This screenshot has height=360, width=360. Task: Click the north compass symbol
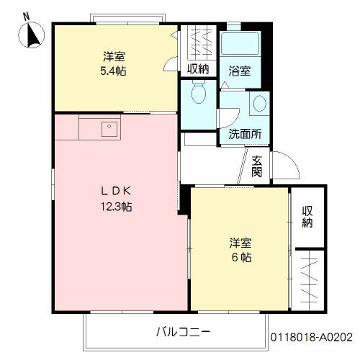pyautogui.click(x=32, y=35)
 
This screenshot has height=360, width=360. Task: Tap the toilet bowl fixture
pyautogui.click(x=199, y=91)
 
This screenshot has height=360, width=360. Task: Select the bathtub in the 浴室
pyautogui.click(x=240, y=44)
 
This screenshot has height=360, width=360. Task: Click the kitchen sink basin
pyautogui.click(x=109, y=129)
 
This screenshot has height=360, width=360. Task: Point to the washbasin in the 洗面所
pyautogui.click(x=260, y=104)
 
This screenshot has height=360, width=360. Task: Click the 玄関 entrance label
pyautogui.click(x=256, y=166)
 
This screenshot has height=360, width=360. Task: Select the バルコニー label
pyautogui.click(x=183, y=332)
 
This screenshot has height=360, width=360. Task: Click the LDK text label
pyautogui.click(x=116, y=191)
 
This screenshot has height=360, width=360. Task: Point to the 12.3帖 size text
pyautogui.click(x=116, y=207)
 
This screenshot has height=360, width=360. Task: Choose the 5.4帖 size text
pyautogui.click(x=113, y=71)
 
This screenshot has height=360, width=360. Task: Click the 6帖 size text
pyautogui.click(x=241, y=258)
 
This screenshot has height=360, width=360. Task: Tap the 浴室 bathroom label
pyautogui.click(x=240, y=71)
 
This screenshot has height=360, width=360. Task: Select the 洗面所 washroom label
pyautogui.click(x=245, y=134)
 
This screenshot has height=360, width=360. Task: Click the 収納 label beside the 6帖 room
pyautogui.click(x=307, y=217)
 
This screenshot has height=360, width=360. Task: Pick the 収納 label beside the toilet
pyautogui.click(x=198, y=69)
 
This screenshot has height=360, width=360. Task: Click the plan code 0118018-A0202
pyautogui.click(x=312, y=337)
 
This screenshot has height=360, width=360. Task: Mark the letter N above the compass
pyautogui.click(x=26, y=17)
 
